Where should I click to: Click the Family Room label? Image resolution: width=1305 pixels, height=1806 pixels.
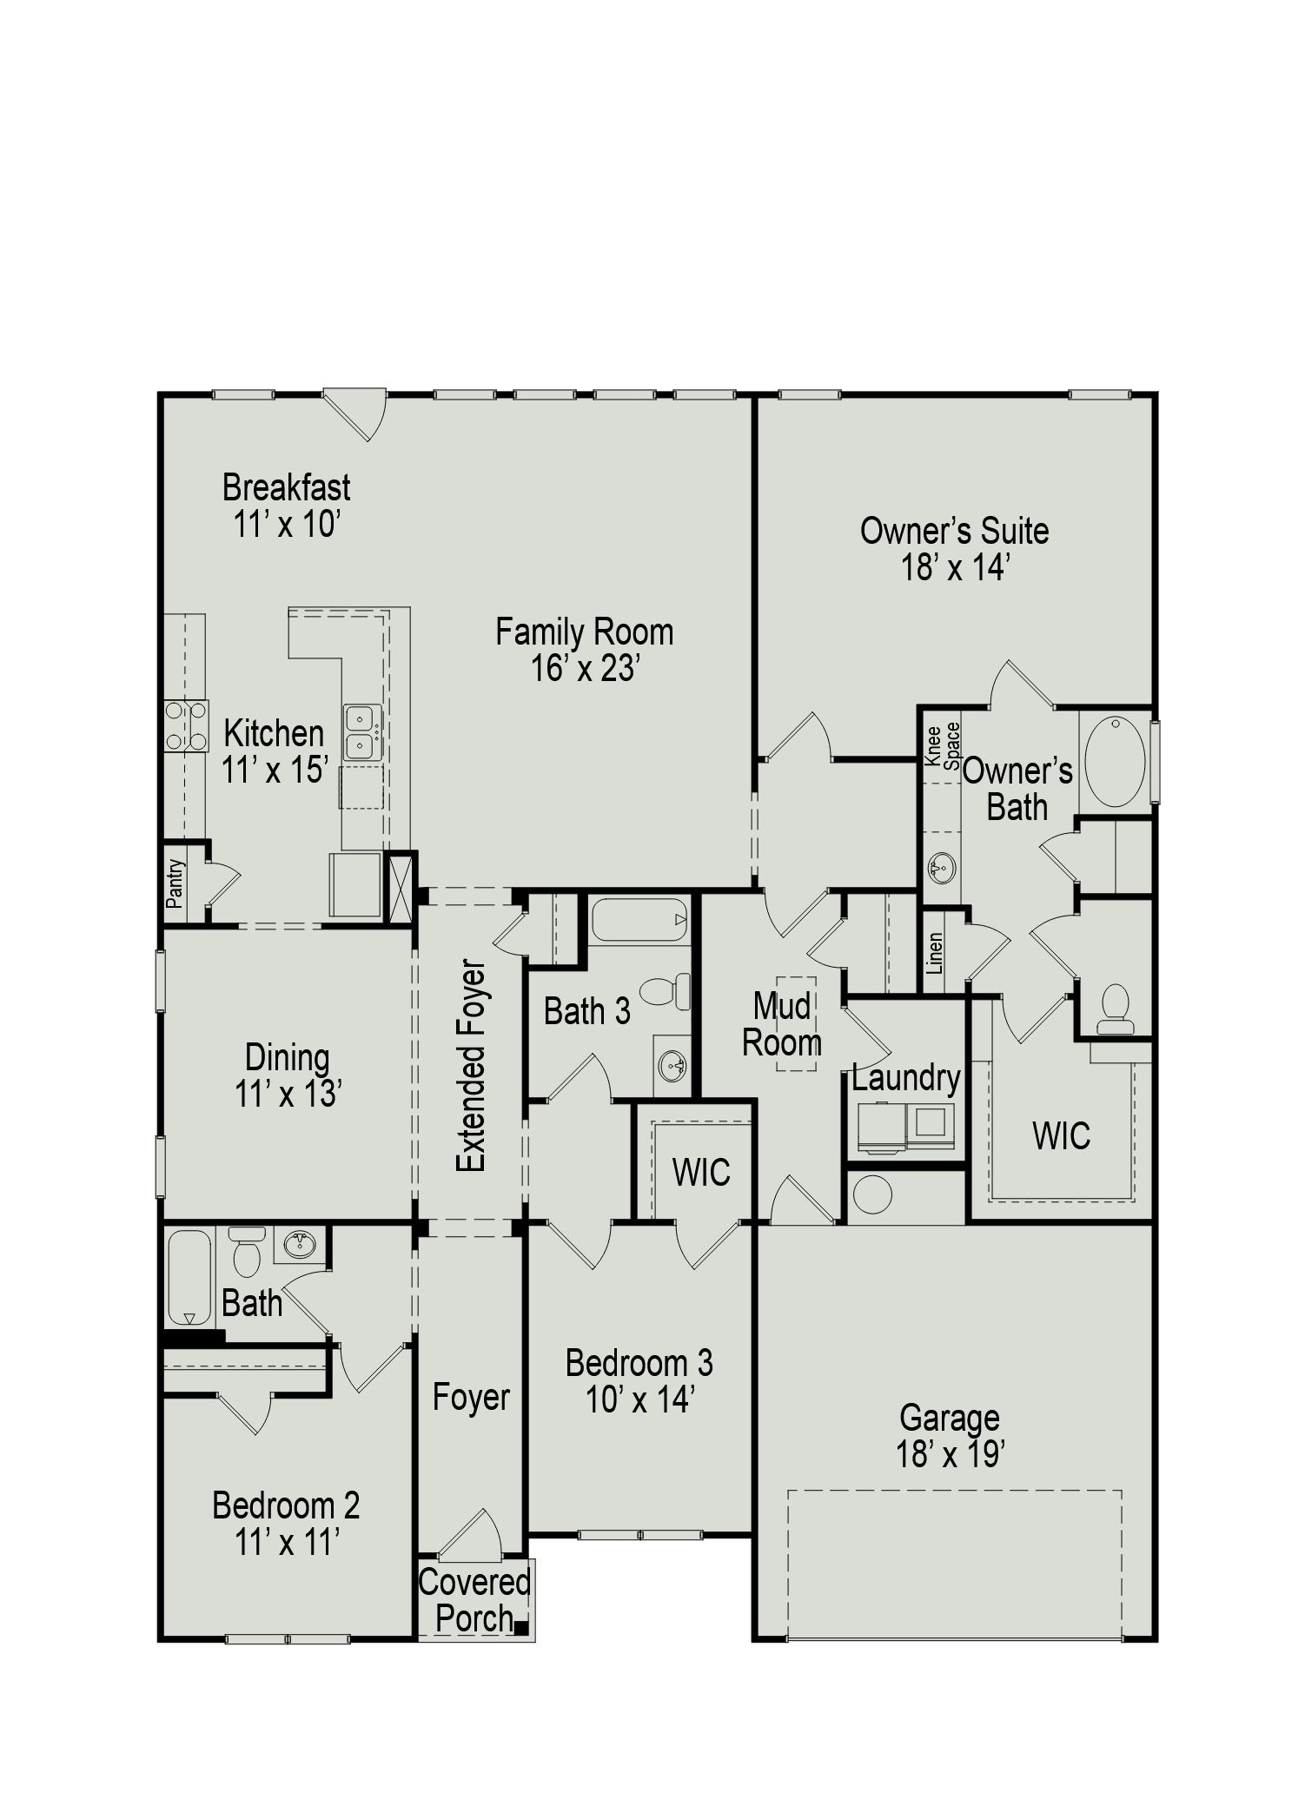coord(584,632)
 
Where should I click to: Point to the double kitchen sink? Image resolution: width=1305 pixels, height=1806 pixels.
coord(361,732)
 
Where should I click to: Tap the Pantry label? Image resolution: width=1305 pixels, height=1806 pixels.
coord(176,883)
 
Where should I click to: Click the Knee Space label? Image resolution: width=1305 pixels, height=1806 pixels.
coord(943,744)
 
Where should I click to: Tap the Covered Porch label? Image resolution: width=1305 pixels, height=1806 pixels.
coord(474,1600)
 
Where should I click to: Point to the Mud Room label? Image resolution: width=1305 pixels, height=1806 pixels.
coord(782,1024)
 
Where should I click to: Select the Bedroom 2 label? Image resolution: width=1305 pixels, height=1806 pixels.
coord(286,1505)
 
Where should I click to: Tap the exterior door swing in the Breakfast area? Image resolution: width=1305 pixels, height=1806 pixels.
coord(358,414)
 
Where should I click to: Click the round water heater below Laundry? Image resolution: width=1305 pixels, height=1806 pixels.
coord(872,1194)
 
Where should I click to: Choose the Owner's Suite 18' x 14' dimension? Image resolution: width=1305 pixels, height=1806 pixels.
coord(954,568)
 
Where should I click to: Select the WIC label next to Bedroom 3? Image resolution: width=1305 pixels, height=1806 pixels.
coord(701,1173)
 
